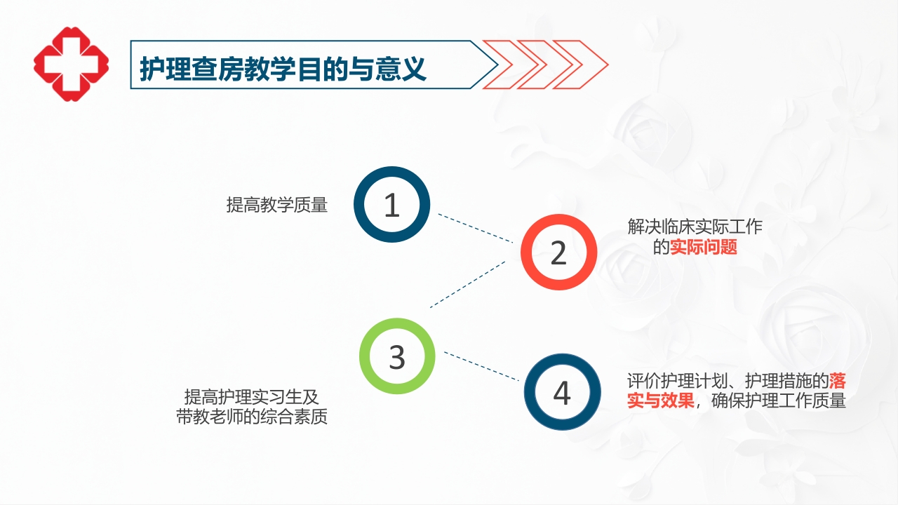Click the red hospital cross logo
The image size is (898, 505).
point(71,64)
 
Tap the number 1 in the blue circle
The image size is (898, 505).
point(391,206)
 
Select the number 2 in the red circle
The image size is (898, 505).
point(558,252)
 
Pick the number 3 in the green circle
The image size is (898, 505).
point(397,357)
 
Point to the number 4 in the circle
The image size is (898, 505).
point(562,393)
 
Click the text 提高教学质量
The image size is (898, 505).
point(276,206)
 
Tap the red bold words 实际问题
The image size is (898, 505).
point(704,247)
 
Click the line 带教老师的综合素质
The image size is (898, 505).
point(251,417)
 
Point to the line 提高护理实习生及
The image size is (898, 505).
point(251,396)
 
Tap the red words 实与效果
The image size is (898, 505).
point(660,402)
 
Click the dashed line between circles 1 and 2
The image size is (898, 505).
point(476,228)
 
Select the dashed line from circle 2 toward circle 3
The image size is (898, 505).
point(468,283)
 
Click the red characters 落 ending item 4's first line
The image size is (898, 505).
point(837,382)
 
